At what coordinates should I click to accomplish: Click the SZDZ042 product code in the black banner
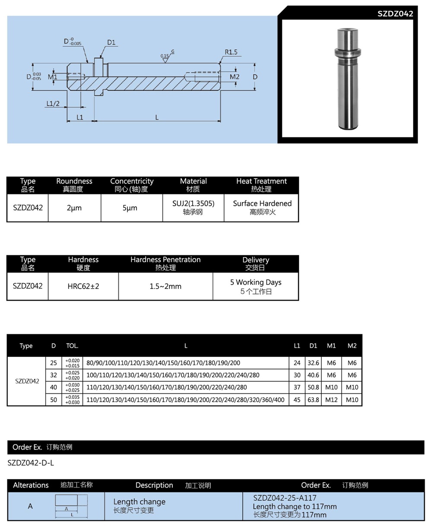(x=395, y=13)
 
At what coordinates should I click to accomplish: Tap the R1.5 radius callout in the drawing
(x=231, y=52)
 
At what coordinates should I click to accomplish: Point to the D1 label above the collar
(x=111, y=42)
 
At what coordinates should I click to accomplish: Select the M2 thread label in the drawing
(x=234, y=77)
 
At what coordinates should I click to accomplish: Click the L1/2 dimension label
(x=53, y=104)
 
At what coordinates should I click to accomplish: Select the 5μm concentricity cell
(x=130, y=208)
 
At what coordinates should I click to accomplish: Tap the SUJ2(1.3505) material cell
(x=193, y=203)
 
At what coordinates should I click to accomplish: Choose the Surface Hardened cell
(x=262, y=203)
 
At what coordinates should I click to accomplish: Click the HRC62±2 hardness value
(x=83, y=286)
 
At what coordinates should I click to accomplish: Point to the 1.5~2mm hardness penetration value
(x=165, y=286)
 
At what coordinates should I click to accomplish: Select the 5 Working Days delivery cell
(x=255, y=282)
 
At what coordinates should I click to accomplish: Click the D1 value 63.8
(x=314, y=400)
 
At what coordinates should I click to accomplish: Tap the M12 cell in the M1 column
(x=331, y=400)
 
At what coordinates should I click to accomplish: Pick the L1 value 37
(x=297, y=387)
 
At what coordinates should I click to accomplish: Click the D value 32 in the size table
(x=54, y=375)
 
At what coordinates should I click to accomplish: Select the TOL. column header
(x=72, y=346)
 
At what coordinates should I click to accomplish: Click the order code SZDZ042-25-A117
(x=285, y=498)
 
